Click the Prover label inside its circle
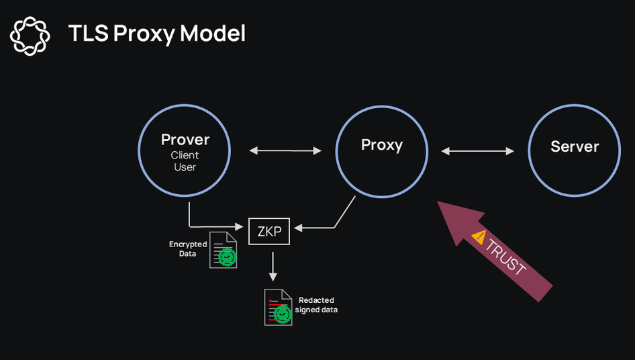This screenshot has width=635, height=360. click(185, 140)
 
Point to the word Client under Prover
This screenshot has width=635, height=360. click(185, 155)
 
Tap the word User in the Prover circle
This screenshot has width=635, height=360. click(185, 167)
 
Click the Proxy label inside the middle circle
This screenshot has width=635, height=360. click(381, 144)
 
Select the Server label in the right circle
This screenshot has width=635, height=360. click(575, 146)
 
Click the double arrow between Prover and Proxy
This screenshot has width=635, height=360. click(285, 150)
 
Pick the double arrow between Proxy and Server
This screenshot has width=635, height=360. click(478, 151)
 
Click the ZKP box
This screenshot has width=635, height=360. click(269, 231)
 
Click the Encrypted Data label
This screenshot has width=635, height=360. click(187, 249)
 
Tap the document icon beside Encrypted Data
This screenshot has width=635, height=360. click(223, 250)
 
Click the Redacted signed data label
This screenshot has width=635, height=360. click(315, 305)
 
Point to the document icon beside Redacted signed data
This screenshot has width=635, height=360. click(278, 308)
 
